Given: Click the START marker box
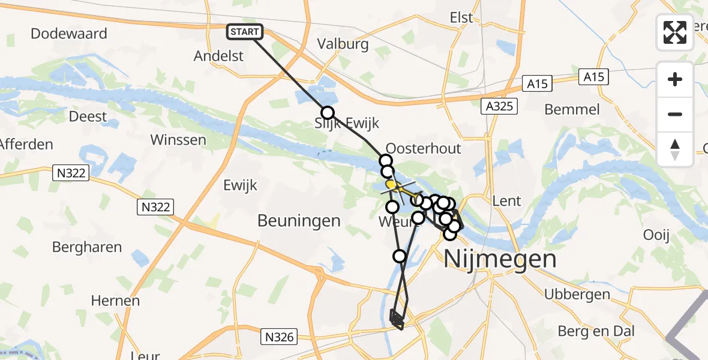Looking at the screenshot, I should point(245,32).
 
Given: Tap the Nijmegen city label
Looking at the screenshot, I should point(500,260).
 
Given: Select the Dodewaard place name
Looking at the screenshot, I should point(68,34).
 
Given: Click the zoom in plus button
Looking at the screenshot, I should point(675,80).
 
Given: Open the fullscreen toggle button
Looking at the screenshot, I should point(675,32).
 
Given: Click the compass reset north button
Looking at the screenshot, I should point(675,149).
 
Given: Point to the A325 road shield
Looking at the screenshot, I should point(499,107).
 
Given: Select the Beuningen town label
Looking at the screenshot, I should point(299,221).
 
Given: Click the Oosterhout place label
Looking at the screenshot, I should point(423,149).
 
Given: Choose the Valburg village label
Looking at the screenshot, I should point(343,44).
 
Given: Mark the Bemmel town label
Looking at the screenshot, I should point(572,109).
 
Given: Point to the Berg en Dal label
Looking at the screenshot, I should point(596,331).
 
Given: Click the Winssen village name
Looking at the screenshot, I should point(178,140).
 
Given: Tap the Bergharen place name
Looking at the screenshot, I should point(87,247).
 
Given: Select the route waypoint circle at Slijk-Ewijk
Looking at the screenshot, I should point(327,113).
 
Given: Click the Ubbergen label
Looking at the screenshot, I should point(577,295).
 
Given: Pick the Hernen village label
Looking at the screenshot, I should point(116,301).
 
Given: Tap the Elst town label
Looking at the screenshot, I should point(461,18).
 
